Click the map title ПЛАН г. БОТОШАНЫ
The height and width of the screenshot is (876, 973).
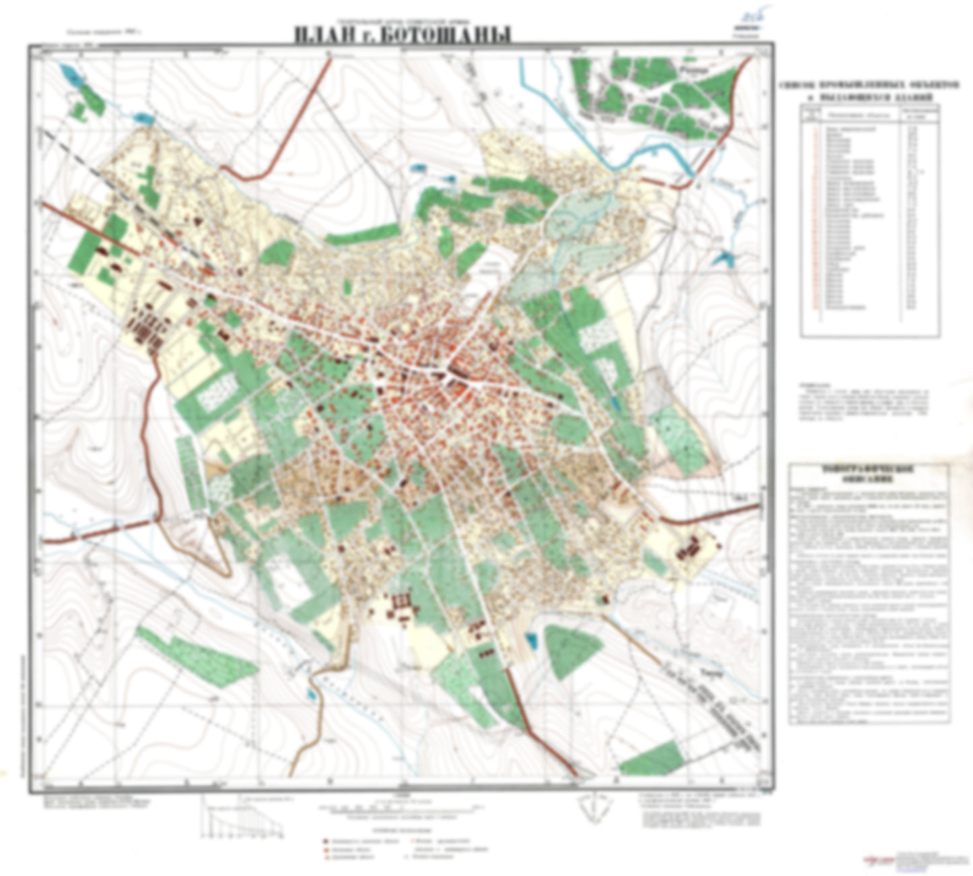(x=402, y=34)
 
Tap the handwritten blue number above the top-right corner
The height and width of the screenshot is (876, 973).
(x=745, y=15)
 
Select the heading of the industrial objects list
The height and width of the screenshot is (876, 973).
(x=869, y=92)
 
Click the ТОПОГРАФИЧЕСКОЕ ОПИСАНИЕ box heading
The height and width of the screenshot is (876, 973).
(x=869, y=475)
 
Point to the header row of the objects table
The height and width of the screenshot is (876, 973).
(x=869, y=114)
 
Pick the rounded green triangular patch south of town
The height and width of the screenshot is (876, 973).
(x=572, y=650)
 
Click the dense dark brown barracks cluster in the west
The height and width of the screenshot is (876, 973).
(x=145, y=327)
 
